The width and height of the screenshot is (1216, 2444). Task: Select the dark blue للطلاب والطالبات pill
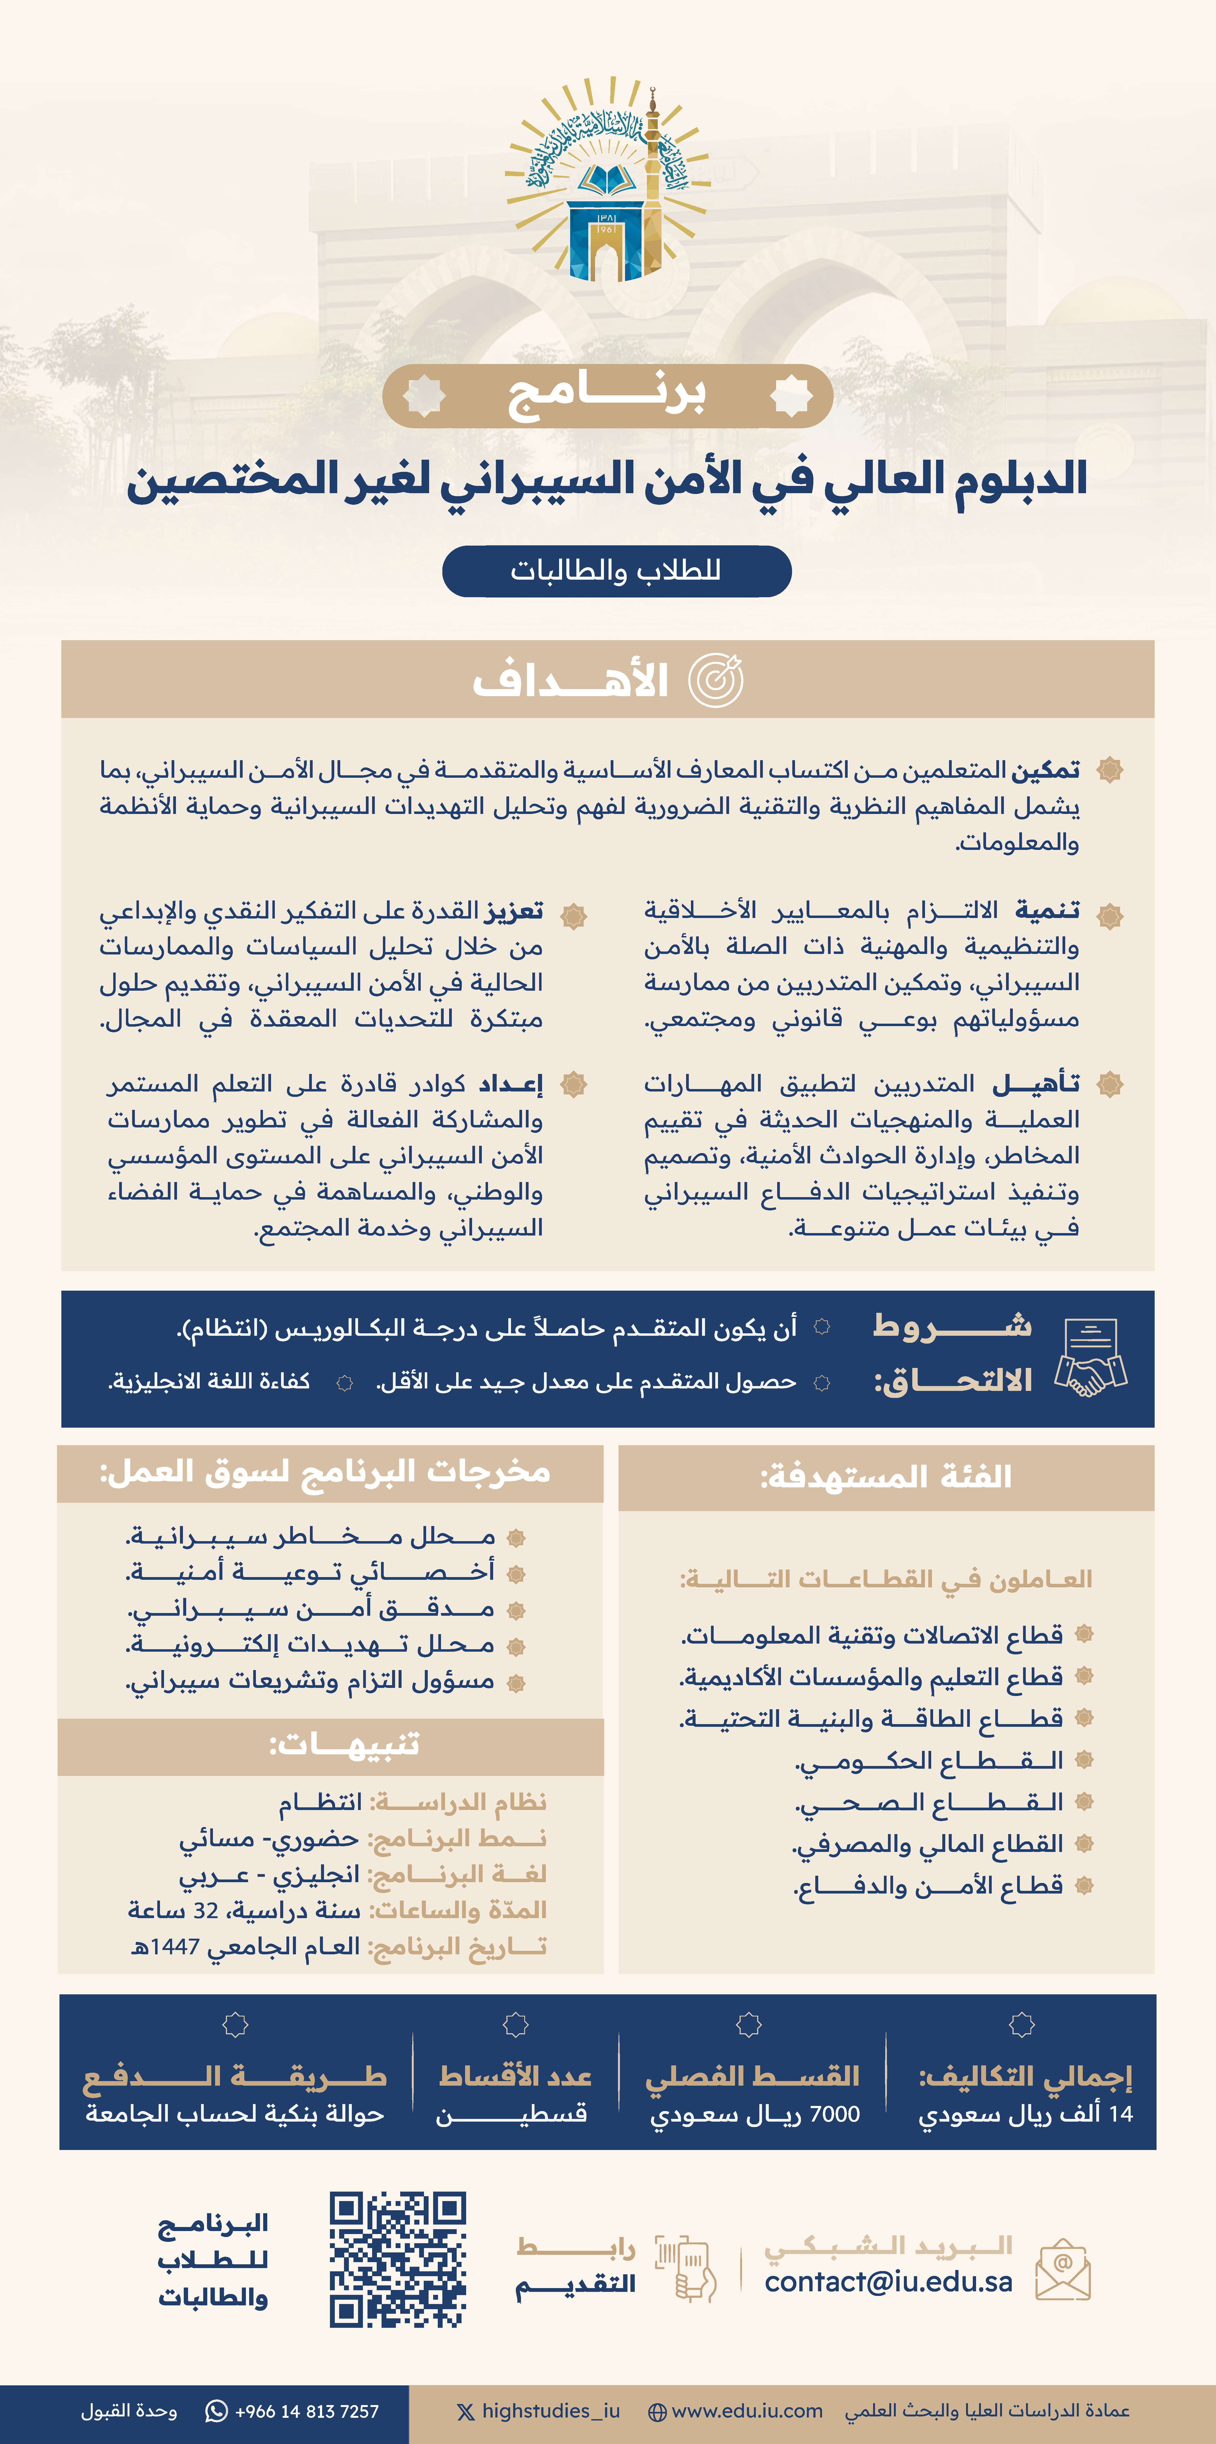click(617, 571)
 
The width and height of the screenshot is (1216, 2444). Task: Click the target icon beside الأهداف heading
click(715, 680)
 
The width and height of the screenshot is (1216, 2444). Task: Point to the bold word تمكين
click(1045, 769)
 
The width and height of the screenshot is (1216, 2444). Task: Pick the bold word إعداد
click(510, 1083)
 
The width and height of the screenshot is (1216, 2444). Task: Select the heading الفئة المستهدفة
click(886, 1477)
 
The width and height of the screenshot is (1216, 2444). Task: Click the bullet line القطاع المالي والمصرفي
click(928, 1844)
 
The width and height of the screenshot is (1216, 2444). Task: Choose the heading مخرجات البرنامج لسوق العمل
click(325, 1471)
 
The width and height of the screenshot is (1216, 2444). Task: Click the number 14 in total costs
click(1121, 2115)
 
